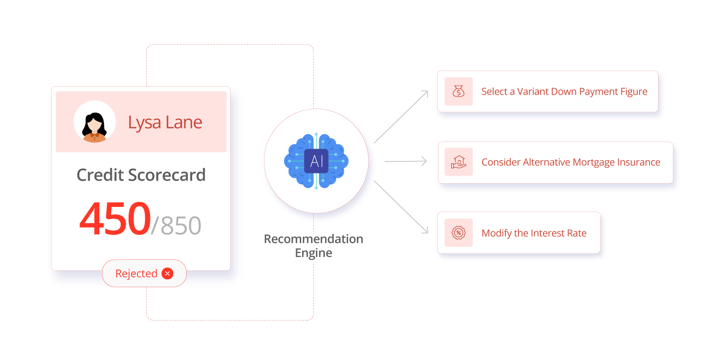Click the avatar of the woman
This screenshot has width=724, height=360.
coord(95,122)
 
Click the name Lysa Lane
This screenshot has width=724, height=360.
coord(165,122)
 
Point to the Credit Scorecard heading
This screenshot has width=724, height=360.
coord(141,175)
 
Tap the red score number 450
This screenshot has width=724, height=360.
coord(115,218)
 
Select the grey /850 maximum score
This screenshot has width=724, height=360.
coord(176,225)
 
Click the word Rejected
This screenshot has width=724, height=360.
coord(136,274)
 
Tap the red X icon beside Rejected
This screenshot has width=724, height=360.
coord(168,274)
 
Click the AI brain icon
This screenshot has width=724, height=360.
coord(317,161)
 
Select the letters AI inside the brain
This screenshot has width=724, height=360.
coord(317,161)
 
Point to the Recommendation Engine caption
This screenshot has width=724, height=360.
coord(313,246)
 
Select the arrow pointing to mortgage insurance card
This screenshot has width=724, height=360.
coord(406,161)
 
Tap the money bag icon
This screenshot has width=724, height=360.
coord(459,91)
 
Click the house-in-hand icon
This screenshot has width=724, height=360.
coord(459,162)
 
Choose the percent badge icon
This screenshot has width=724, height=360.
coord(459,233)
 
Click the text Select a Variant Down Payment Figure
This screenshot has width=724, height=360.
coord(564,92)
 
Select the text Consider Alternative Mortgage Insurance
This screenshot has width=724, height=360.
coord(571,162)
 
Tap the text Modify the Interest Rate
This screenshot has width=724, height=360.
coord(534,233)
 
